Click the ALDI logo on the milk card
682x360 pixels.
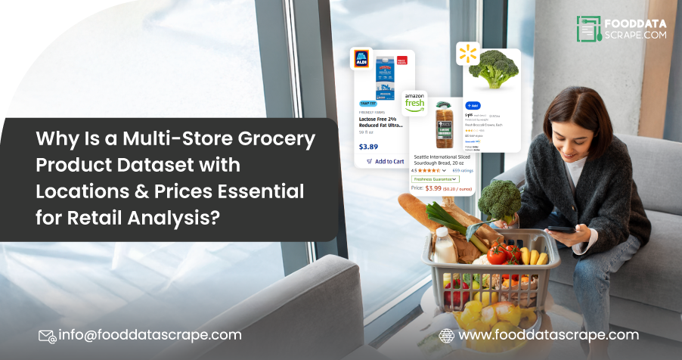pyautogui.click(x=362, y=60)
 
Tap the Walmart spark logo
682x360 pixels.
pyautogui.click(x=467, y=54)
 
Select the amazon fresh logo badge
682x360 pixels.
pyautogui.click(x=414, y=102)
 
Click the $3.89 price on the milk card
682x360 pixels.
pyautogui.click(x=369, y=147)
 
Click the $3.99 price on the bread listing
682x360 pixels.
pyautogui.click(x=433, y=188)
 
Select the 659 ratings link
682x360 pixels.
pyautogui.click(x=462, y=170)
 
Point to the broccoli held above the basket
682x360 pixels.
pyautogui.click(x=500, y=199)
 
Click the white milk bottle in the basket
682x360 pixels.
pyautogui.click(x=445, y=246)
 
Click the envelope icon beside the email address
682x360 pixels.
pyautogui.click(x=47, y=335)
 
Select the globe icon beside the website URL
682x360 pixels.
pyautogui.click(x=447, y=335)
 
